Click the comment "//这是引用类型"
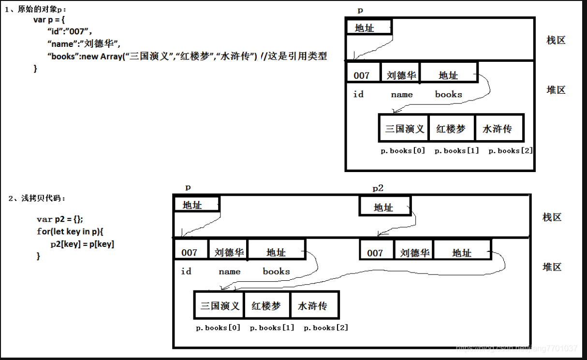tap(293, 57)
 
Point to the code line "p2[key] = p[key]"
tap(82, 244)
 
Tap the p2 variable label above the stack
tap(378, 188)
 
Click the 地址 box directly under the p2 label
tap(384, 207)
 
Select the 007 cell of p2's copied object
tap(375, 252)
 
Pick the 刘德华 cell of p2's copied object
tap(413, 252)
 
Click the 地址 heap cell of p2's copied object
tap(462, 252)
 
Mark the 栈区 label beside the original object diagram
tap(556, 40)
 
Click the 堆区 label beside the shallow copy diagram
tap(552, 267)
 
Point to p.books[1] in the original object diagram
tap(456, 151)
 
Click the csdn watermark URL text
tap(517, 348)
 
